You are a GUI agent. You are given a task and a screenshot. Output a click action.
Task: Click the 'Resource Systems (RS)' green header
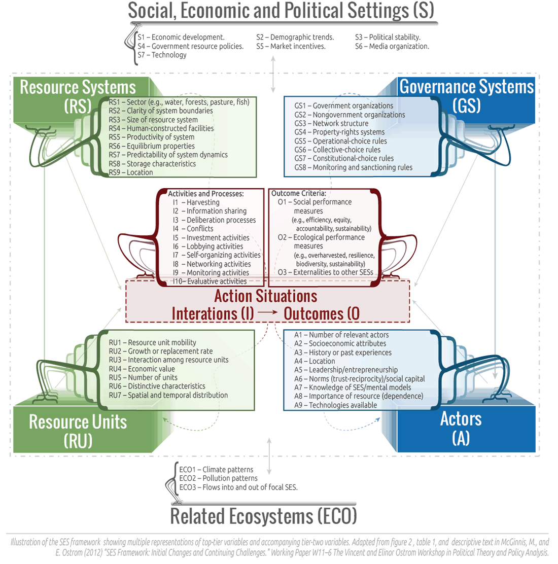78,96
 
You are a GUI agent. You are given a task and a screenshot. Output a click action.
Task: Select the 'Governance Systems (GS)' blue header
467,96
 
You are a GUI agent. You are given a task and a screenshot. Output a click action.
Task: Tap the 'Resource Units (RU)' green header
78,431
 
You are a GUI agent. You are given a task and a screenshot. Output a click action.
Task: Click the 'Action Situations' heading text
265,296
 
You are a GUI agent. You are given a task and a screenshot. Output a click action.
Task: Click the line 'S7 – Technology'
162,55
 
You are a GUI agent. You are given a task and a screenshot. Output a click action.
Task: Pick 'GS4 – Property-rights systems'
339,132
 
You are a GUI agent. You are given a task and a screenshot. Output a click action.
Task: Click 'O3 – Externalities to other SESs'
325,272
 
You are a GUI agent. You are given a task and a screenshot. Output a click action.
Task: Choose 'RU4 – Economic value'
142,369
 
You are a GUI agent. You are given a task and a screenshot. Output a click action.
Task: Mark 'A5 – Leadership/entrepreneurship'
346,370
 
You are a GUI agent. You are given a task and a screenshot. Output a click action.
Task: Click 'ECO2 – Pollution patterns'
218,478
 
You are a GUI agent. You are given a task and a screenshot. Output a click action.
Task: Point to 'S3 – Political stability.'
388,37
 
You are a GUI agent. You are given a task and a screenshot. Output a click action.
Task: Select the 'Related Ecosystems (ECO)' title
263,516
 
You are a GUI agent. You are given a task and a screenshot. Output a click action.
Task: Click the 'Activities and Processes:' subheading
205,194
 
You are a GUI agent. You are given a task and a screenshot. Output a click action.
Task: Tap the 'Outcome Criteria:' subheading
298,193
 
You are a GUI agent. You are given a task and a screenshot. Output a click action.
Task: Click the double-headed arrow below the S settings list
273,75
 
